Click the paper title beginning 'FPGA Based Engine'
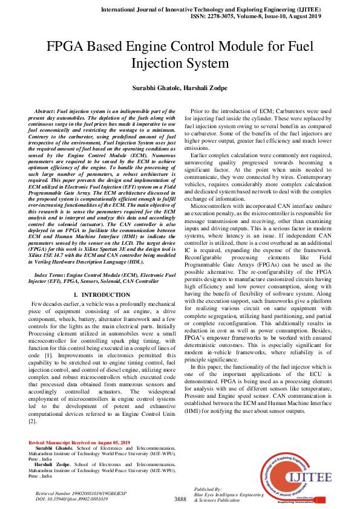180,54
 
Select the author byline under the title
180,89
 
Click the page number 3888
180,499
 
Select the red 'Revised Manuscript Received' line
79,443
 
